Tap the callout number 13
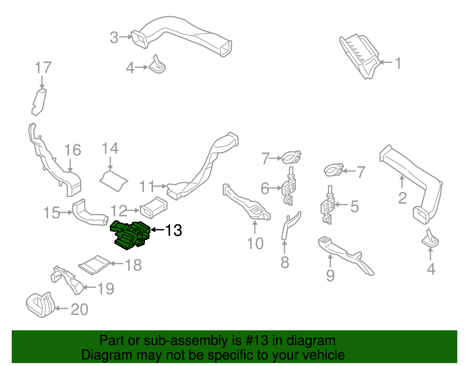[x=174, y=230]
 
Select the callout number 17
[x=43, y=68]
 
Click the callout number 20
[x=79, y=309]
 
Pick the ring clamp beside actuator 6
[x=291, y=158]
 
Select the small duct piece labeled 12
[x=154, y=207]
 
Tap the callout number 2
[x=402, y=198]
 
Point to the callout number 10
[x=255, y=244]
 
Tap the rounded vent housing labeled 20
[x=40, y=305]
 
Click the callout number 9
[x=330, y=275]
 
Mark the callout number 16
[x=72, y=150]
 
